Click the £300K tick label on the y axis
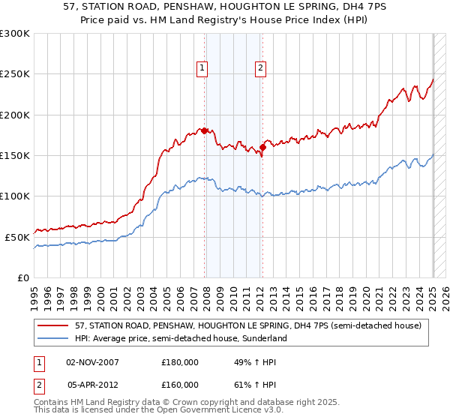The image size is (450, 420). point(15,34)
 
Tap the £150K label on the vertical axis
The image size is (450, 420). point(15,156)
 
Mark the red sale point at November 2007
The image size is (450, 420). point(205,130)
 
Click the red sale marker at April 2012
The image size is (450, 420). point(262,147)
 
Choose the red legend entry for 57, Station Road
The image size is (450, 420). point(248,325)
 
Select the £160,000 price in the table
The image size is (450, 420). point(180,385)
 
